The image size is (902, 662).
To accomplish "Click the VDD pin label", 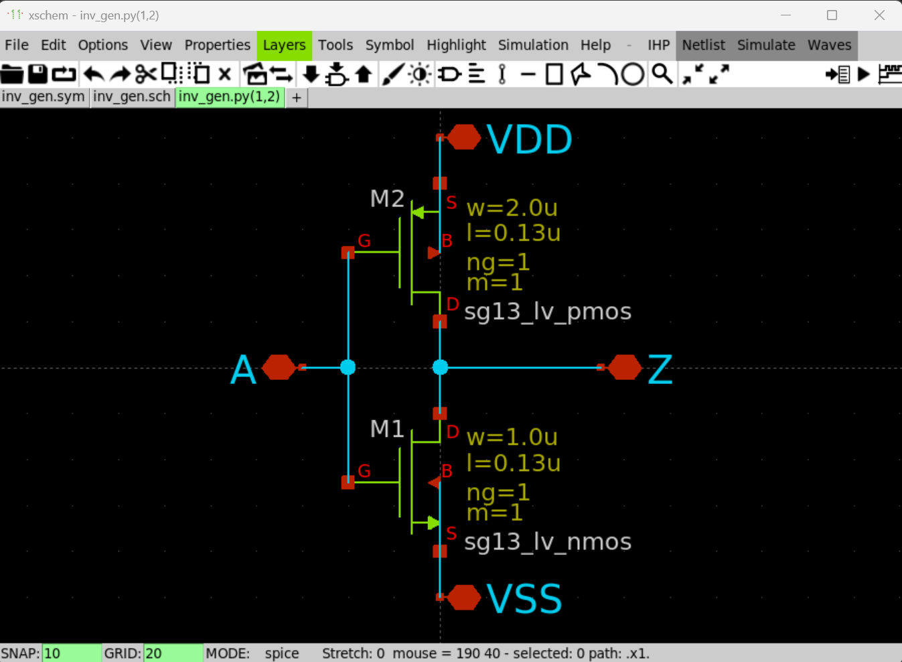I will point(528,139).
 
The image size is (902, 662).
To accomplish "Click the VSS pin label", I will point(524,598).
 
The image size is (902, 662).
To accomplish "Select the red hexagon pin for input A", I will point(279,367).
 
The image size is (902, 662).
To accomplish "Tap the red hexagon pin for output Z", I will point(625,367).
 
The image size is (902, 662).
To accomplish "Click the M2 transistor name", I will point(387,198).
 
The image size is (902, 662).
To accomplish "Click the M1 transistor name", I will point(387,429).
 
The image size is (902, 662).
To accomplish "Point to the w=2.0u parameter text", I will point(512,208).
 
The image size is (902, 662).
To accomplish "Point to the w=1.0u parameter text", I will point(512,437).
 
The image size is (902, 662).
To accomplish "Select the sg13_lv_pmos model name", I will point(548,312).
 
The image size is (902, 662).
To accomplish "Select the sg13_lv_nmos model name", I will point(548,541).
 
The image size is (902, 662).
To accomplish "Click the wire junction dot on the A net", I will point(348,367).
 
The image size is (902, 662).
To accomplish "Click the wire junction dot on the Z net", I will point(440,367).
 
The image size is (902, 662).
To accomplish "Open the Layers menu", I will point(284,45).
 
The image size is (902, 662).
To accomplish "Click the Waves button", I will point(829,45).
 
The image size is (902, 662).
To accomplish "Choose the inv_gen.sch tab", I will point(132,96).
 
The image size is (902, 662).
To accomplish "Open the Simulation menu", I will point(533,45).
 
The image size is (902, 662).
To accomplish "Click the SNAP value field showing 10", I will point(71,653).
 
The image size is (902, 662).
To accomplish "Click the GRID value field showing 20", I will point(172,653).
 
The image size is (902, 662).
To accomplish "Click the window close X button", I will point(879,15).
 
